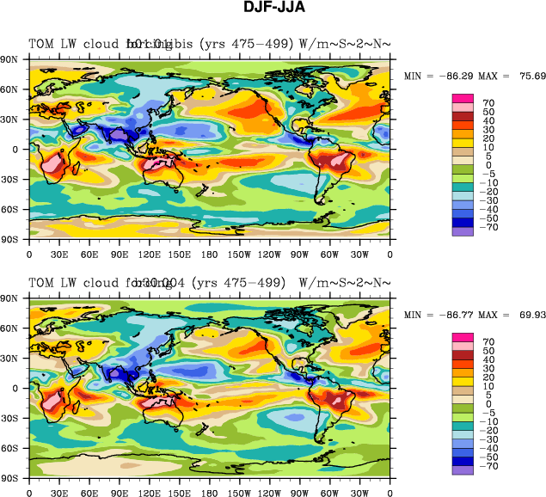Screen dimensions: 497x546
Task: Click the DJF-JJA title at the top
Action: coord(273,9)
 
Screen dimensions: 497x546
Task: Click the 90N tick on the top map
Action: coord(11,59)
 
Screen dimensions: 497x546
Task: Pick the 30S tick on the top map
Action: coord(11,180)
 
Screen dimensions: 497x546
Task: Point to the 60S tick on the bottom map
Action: coord(11,448)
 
